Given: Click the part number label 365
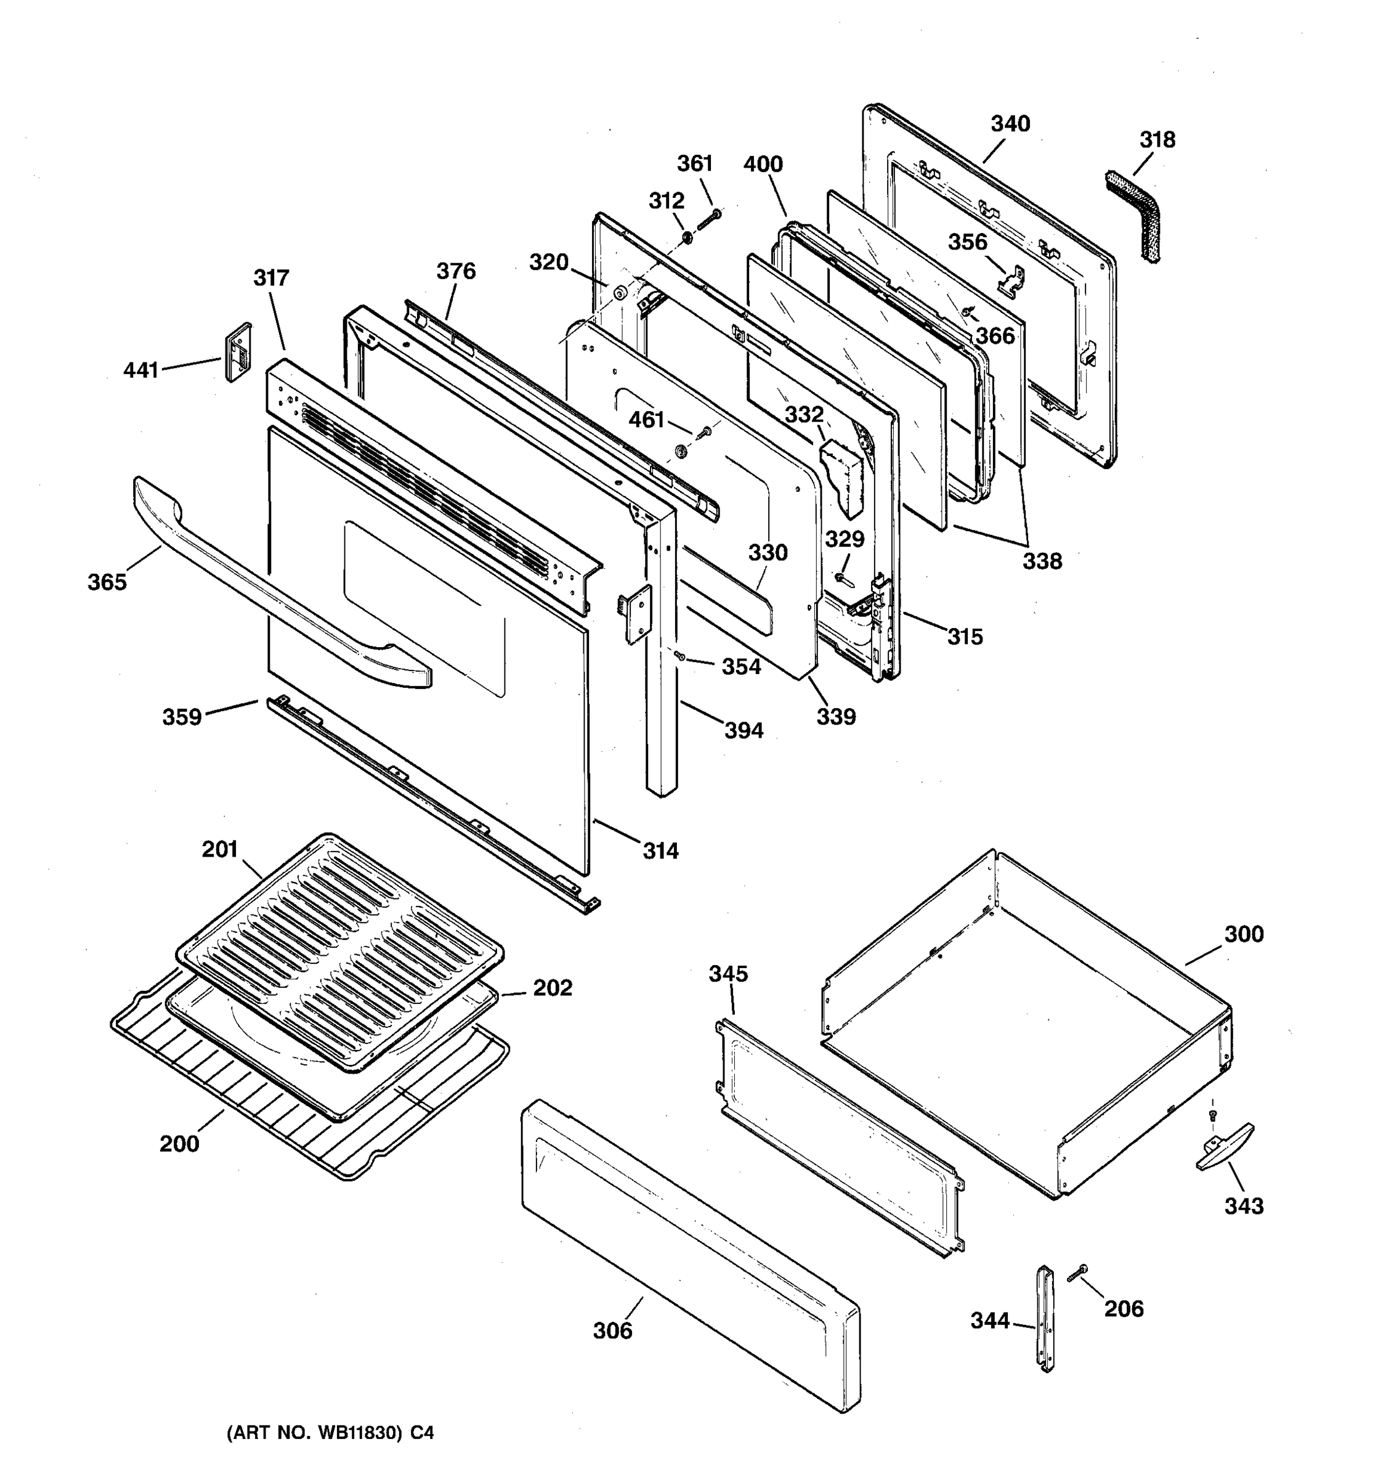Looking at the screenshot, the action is click(107, 582).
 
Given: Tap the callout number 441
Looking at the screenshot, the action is click(140, 369).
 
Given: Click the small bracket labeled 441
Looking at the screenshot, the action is click(238, 352).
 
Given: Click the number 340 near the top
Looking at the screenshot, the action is click(1010, 123).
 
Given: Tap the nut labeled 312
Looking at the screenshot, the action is click(687, 238).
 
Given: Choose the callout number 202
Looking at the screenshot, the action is click(553, 988).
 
